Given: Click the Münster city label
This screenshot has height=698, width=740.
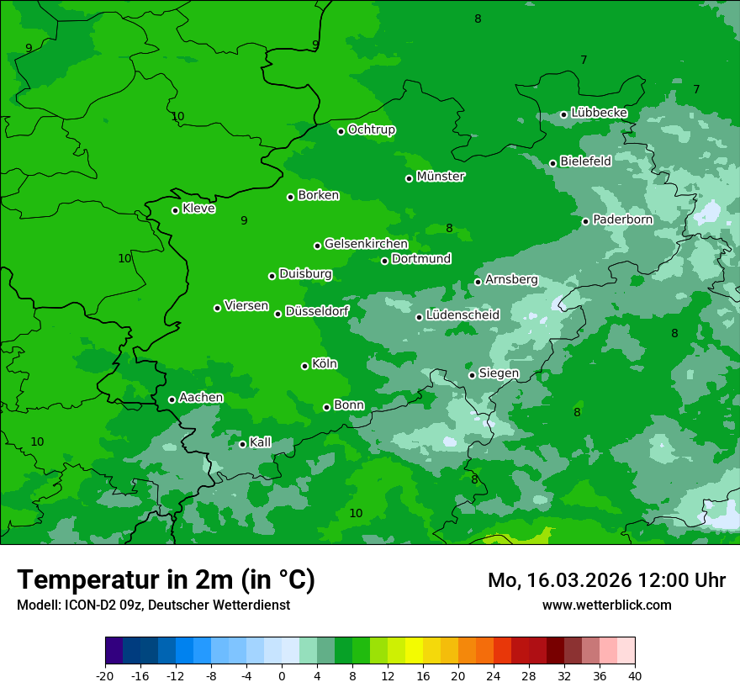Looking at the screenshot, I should tap(441, 177).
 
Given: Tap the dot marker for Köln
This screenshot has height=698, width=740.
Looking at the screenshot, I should tap(304, 366).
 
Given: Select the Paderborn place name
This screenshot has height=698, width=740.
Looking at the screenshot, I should tap(622, 219).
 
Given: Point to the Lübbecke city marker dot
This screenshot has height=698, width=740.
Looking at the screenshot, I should tap(563, 114).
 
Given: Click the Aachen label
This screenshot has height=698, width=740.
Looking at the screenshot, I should tap(201, 397).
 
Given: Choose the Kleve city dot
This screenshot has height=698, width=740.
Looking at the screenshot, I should tap(175, 210).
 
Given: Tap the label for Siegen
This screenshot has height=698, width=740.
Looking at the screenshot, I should tap(499, 373).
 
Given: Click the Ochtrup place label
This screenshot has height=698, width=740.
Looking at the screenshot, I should tap(371, 130).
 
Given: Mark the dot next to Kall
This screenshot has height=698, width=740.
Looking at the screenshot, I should tap(242, 444).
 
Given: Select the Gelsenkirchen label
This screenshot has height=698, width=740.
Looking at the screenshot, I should tap(366, 244).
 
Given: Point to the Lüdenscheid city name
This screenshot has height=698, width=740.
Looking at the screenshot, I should tap(462, 315).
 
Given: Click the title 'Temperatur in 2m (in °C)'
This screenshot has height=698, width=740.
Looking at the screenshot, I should tap(166, 579).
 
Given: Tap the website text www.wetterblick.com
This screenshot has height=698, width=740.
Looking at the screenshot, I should tap(606, 605).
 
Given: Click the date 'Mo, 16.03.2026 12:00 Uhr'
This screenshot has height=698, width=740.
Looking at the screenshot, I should tap(606, 580).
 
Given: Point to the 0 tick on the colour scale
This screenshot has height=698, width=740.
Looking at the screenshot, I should tap(282, 675).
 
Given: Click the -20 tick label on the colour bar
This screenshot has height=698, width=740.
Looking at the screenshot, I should tap(105, 675).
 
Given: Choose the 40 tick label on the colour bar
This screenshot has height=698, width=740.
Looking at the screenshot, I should tap(635, 675).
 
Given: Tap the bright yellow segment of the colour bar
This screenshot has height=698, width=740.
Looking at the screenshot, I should tap(414, 651).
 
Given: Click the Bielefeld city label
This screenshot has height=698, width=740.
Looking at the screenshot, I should tap(585, 161).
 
